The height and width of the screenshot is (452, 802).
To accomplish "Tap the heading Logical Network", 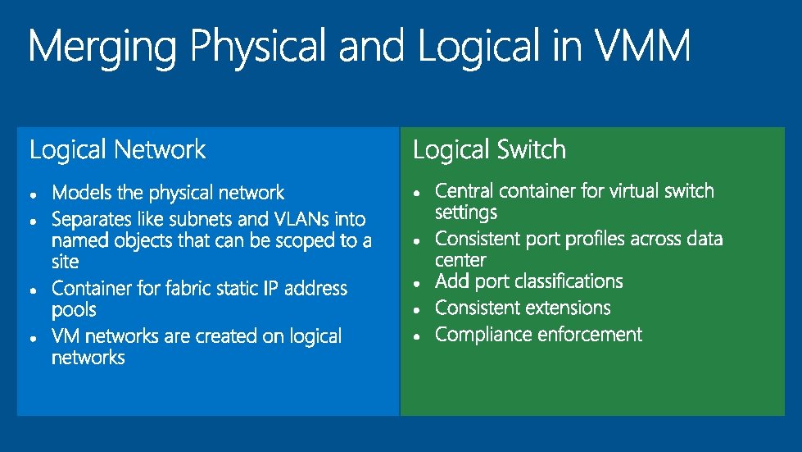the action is pos(117,150).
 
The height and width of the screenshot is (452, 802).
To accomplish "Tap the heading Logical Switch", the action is pos(489,150).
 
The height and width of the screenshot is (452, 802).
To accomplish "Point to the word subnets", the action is pos(201,220).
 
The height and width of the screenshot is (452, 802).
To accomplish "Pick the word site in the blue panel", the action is pos(66,263).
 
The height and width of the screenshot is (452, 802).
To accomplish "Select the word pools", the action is pos(74,311).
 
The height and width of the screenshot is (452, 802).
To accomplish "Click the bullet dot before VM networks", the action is pos(32,337).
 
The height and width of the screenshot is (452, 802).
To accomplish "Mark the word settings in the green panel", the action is pos(466,213).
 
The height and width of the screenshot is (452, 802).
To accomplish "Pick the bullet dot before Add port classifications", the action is pos(418,284).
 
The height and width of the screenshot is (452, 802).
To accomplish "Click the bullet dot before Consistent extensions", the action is pos(418,310).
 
